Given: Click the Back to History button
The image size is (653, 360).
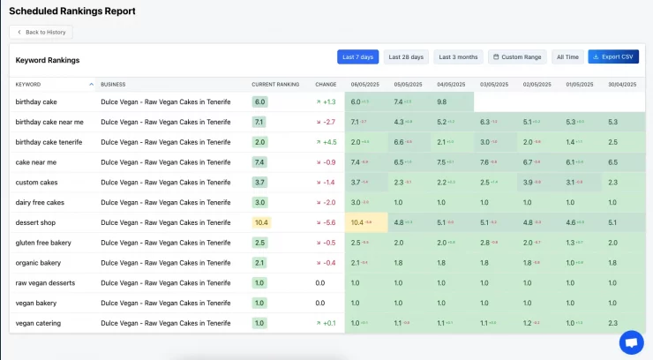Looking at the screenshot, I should [41, 32].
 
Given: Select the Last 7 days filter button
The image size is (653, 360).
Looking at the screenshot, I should [357, 57].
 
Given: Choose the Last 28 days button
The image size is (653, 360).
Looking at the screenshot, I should [406, 57].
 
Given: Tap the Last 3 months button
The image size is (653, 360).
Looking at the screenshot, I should [459, 57].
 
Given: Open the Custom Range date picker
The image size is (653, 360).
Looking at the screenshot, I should [516, 57].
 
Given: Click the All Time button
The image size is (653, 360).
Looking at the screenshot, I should [567, 57].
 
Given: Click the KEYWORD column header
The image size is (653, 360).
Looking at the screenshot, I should [28, 85].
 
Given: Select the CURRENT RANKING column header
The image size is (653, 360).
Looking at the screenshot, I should [275, 85].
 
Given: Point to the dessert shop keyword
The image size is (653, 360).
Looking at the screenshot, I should [36, 222].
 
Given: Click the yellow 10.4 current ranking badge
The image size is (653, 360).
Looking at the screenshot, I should [260, 222].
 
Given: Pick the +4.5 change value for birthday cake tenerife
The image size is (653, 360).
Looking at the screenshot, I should [326, 142].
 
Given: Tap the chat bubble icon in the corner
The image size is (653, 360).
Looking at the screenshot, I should [631, 342].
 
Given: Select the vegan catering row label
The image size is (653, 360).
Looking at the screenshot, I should [38, 324].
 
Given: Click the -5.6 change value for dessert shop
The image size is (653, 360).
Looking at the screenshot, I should [326, 222].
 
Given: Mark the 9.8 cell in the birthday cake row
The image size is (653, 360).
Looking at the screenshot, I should [441, 102].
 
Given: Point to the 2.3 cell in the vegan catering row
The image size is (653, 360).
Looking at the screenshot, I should [612, 324].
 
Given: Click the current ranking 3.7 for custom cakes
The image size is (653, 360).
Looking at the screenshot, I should [259, 183].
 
